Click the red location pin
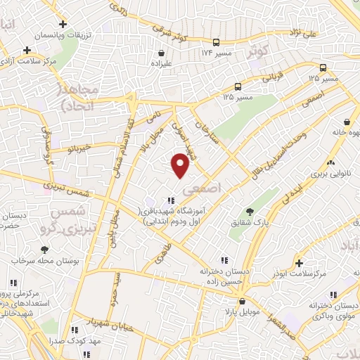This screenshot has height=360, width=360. [x=181, y=166]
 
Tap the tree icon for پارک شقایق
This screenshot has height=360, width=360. [x=250, y=212]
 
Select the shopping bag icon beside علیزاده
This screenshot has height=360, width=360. [x=162, y=52]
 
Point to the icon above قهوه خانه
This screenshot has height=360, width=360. [x=346, y=120]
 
